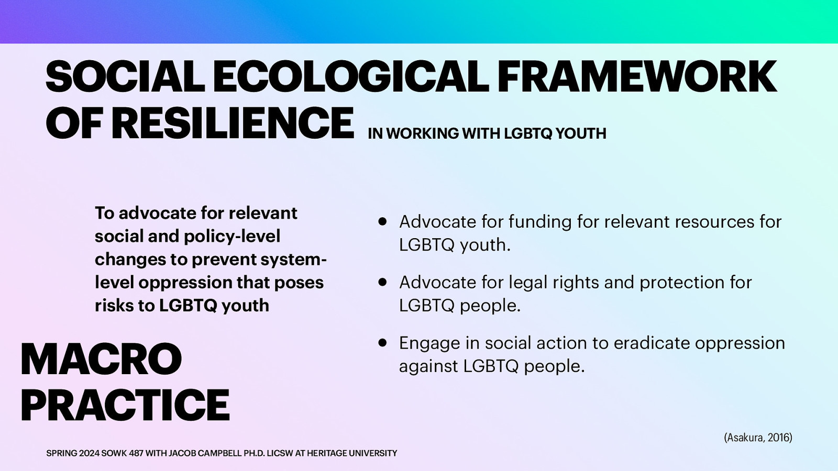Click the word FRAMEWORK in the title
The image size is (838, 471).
636,77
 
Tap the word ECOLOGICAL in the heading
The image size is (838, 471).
350,77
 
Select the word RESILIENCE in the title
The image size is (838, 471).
233,124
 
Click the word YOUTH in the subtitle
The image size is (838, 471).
580,134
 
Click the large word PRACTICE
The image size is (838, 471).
125,405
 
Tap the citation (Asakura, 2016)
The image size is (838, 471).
758,438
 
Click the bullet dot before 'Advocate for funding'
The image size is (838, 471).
383,222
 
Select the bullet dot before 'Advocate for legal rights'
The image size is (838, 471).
383,283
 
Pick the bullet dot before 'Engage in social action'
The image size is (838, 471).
383,343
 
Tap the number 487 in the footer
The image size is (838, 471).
136,453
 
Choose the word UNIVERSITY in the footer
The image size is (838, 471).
373,453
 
